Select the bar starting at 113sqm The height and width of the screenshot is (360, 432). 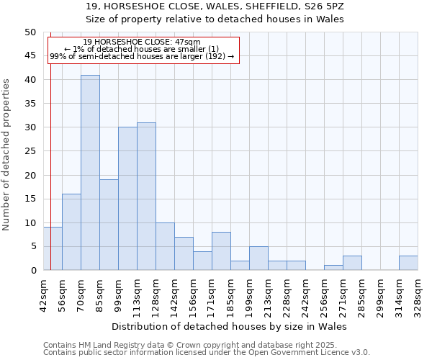[x=146, y=197]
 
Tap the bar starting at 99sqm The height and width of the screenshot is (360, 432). [x=127, y=199]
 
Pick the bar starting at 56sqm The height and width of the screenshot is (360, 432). [x=71, y=232]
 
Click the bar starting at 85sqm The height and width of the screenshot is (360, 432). [x=109, y=225]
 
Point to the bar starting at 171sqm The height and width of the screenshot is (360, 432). [x=221, y=251]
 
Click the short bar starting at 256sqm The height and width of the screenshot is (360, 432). [x=333, y=268]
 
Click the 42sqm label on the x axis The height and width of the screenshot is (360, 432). [x=44, y=294]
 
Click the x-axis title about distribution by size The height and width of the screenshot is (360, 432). [x=230, y=327]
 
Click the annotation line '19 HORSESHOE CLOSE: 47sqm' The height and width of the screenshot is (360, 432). [x=142, y=42]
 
